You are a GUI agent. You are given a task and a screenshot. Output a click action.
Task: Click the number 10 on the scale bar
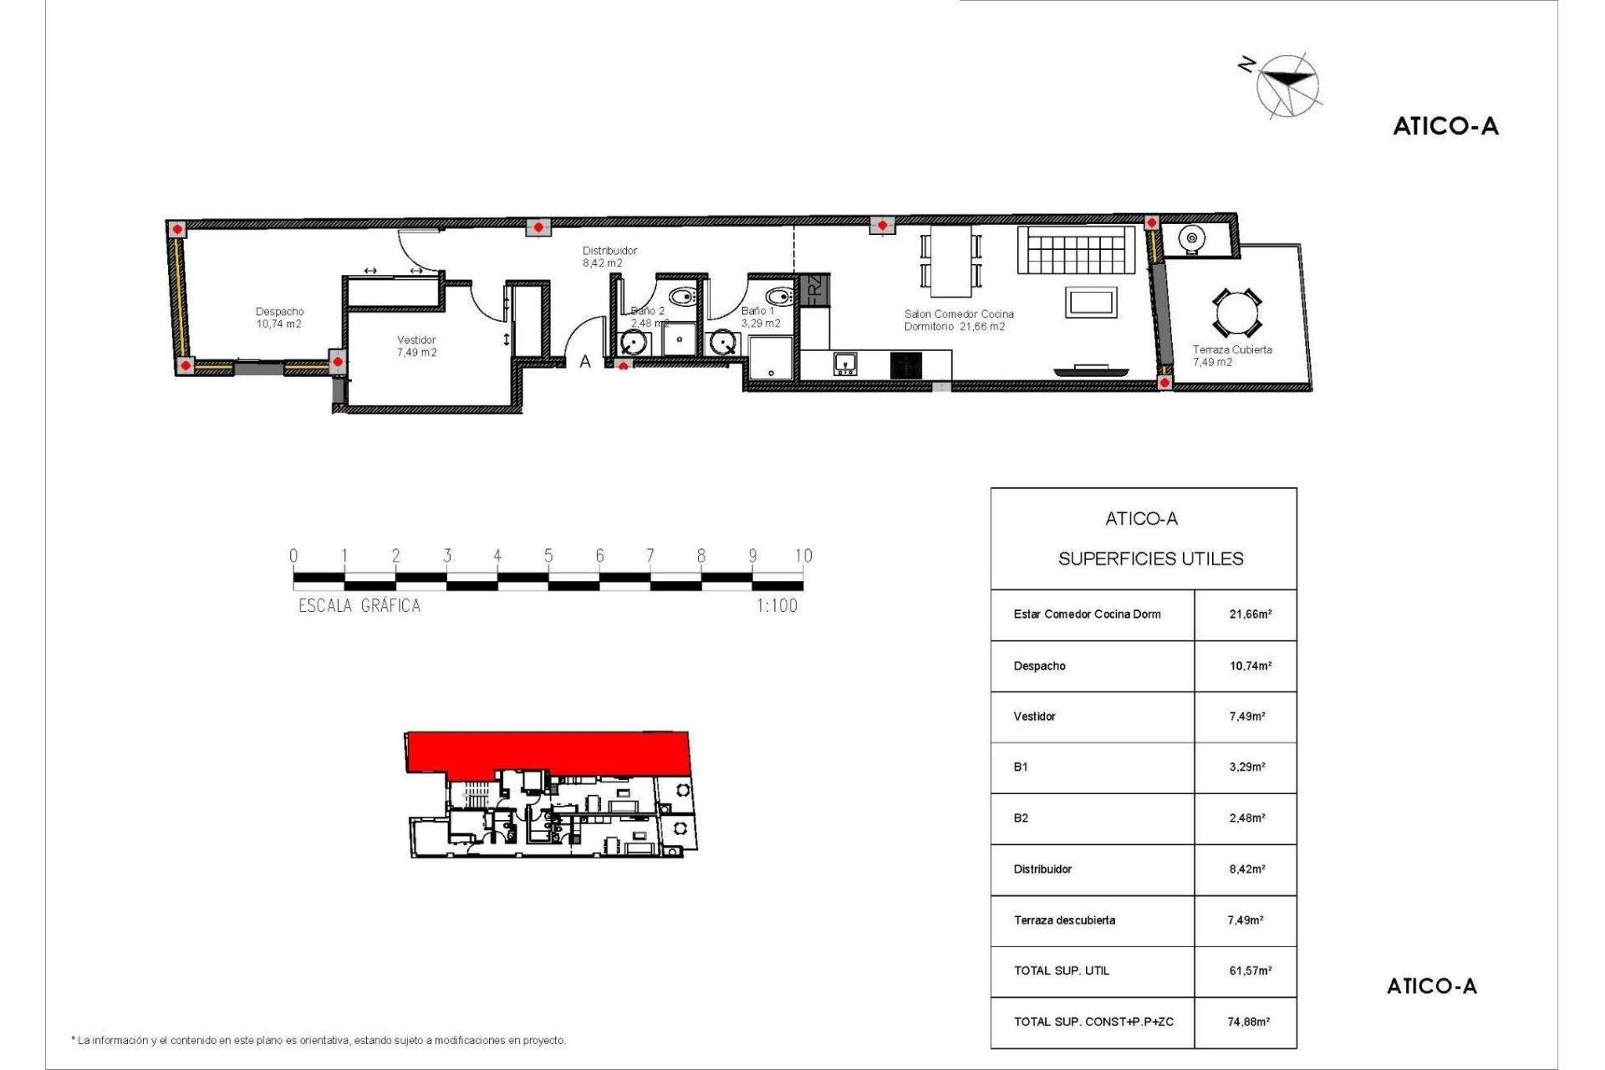click(803, 556)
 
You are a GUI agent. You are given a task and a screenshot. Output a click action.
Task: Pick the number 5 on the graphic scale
click(548, 556)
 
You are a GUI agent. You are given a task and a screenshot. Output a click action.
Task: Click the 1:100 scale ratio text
click(777, 606)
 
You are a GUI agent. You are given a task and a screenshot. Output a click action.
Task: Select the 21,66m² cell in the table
click(1251, 614)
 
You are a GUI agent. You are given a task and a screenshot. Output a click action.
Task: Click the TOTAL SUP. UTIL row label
click(1062, 971)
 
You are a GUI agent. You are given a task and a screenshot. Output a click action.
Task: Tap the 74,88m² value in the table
click(1249, 1022)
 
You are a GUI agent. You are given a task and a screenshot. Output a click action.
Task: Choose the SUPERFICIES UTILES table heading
click(1151, 558)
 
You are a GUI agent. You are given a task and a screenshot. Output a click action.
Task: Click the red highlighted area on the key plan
click(548, 750)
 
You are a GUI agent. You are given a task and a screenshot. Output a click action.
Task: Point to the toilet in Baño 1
click(779, 296)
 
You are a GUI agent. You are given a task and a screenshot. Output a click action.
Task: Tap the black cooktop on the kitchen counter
click(906, 364)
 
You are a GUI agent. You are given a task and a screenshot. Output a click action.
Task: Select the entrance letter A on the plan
click(585, 362)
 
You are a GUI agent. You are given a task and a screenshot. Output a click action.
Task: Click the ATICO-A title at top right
click(1445, 126)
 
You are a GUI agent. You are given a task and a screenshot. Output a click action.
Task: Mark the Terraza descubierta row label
click(1064, 920)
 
